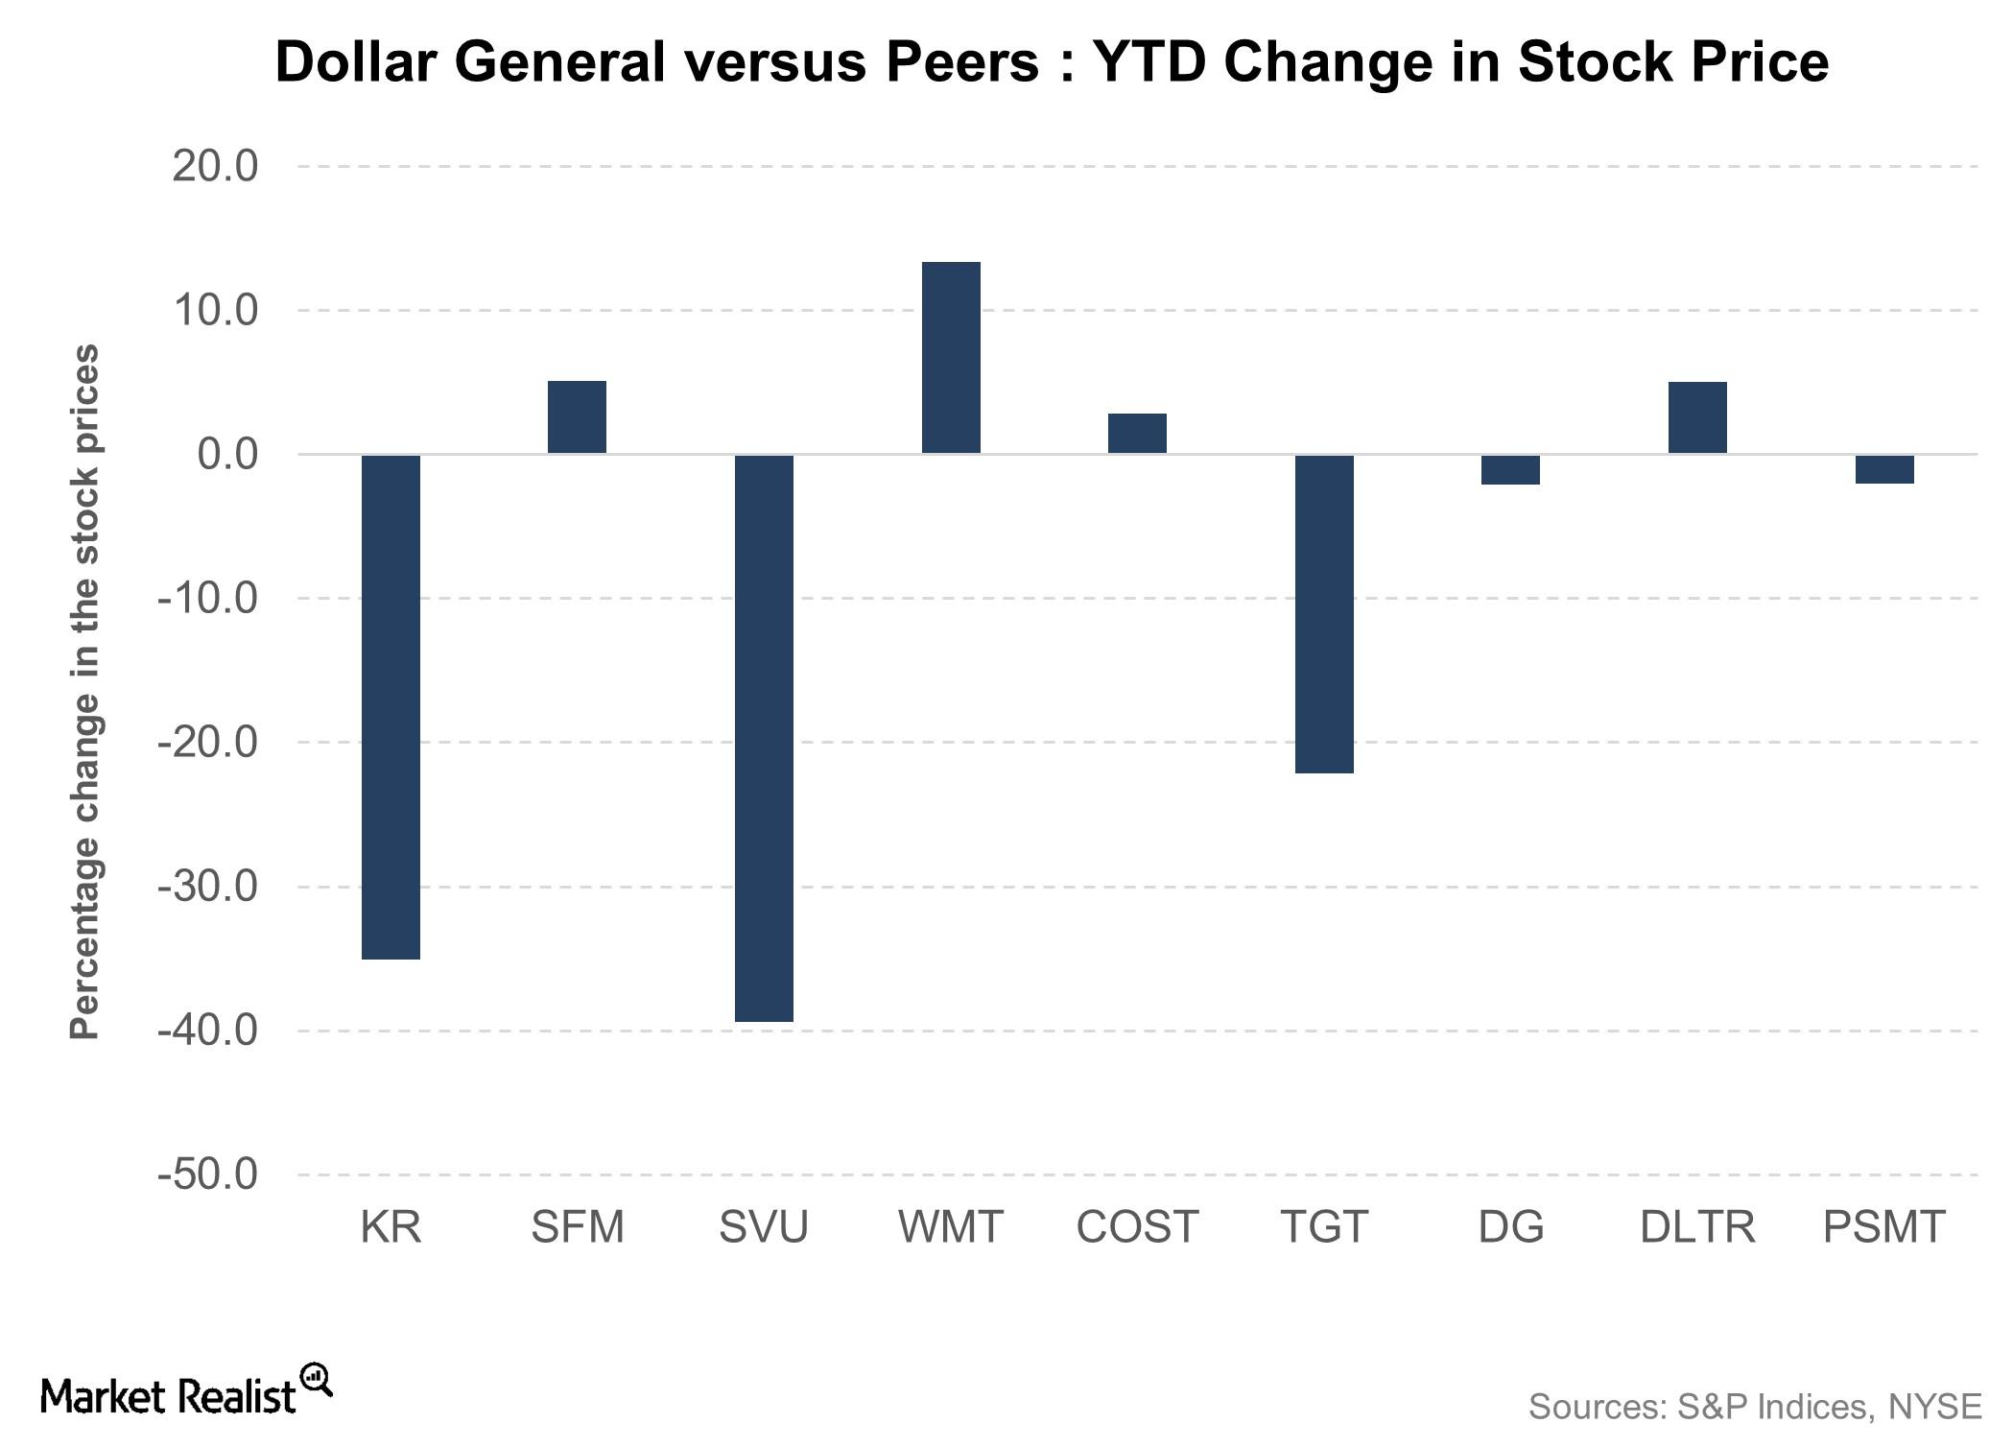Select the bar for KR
click(391, 706)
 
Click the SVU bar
click(764, 737)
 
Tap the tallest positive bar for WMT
click(951, 357)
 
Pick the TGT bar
click(1324, 613)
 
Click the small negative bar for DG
click(1510, 469)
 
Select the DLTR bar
click(1697, 417)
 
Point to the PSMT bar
click(1884, 469)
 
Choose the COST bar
click(1137, 433)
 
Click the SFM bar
click(577, 416)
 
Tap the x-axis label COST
click(1137, 1227)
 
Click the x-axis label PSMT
click(1883, 1227)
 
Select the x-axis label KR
click(391, 1227)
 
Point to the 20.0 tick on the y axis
click(215, 166)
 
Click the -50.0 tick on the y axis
click(208, 1174)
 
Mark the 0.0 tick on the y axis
click(227, 454)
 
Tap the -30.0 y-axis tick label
click(208, 886)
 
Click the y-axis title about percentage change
click(84, 691)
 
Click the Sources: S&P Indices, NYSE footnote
click(1754, 1407)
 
